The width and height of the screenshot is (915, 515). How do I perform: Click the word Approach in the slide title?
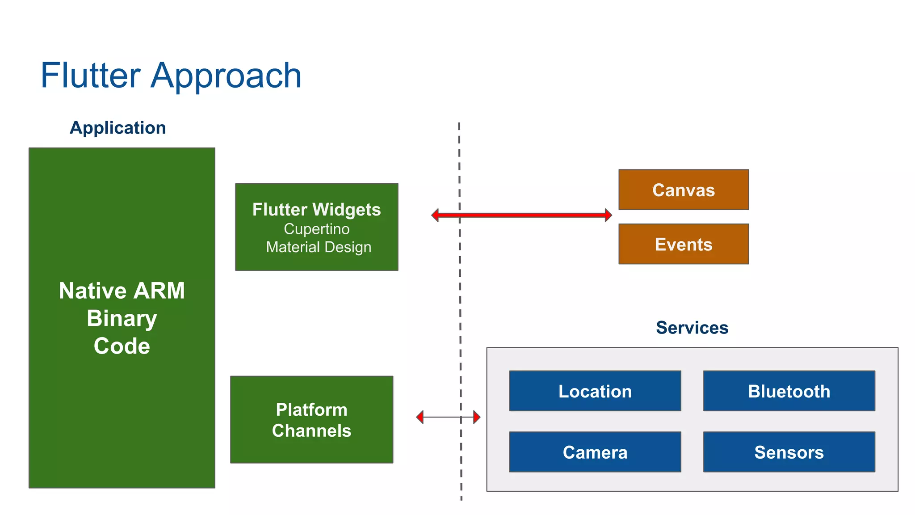226,76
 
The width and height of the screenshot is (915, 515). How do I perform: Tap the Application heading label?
118,128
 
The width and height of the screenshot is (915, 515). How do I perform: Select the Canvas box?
684,190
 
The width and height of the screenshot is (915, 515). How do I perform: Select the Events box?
684,245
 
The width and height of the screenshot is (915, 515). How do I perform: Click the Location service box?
595,391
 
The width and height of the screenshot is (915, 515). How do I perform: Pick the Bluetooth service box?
789,391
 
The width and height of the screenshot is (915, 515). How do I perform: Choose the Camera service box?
595,452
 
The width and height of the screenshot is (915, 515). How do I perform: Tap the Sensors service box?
789,452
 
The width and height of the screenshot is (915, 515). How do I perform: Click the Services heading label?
692,328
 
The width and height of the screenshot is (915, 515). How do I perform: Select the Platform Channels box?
311,420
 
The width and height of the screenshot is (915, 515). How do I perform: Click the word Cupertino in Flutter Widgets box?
317,229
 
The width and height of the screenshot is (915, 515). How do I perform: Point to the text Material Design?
319,247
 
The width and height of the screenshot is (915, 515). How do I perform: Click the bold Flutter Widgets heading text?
316,210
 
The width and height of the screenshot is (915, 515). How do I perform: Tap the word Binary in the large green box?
122,318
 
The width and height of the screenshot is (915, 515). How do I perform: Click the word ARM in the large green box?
159,291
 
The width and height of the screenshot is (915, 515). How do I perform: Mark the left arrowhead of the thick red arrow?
435,215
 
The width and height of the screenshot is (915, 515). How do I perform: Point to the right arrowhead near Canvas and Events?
608,215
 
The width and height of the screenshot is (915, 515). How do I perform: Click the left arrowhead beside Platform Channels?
420,417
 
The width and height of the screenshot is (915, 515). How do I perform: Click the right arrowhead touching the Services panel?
477,417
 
